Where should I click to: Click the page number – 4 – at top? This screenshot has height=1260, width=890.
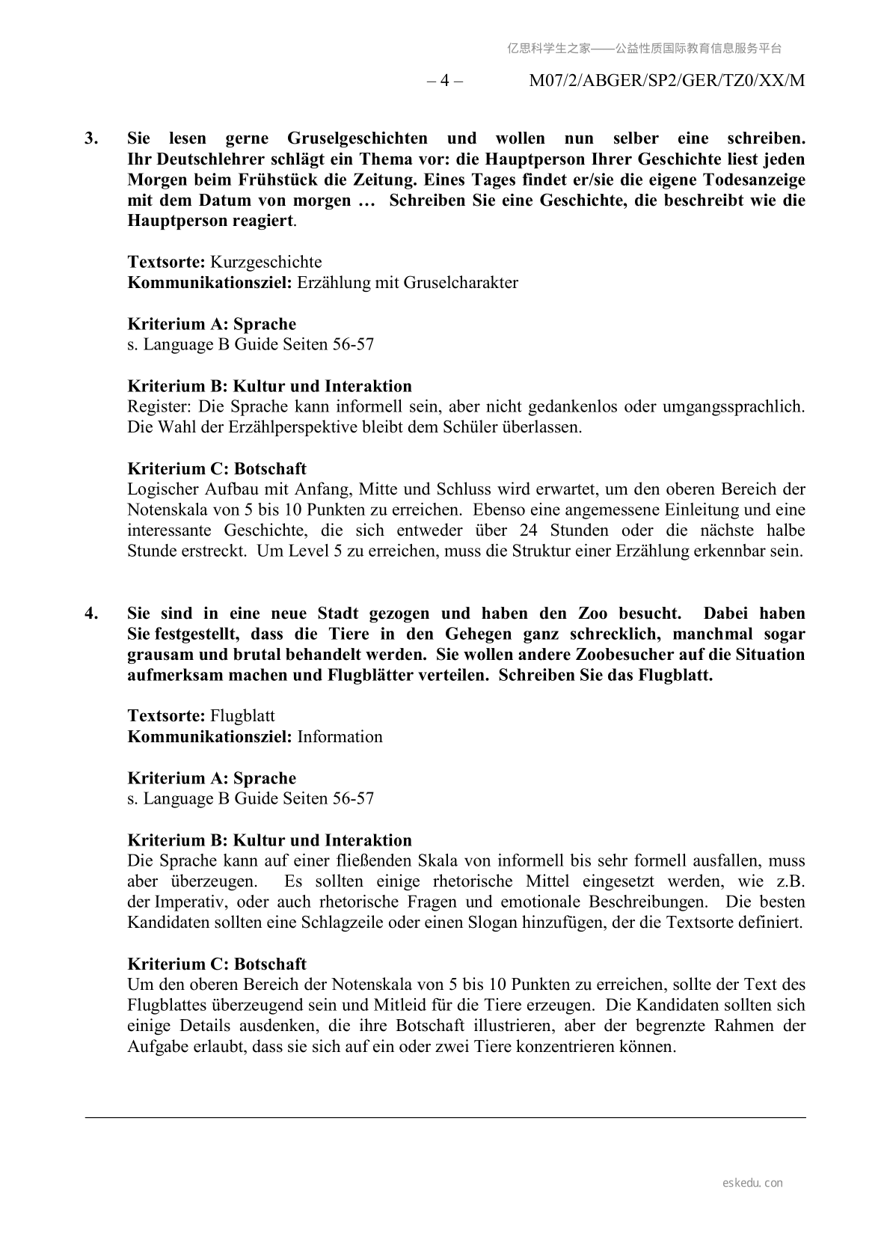444,81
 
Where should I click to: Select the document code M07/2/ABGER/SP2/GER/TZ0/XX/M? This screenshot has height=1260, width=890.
666,81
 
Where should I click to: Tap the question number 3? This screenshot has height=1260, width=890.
91,138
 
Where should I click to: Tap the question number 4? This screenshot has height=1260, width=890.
91,614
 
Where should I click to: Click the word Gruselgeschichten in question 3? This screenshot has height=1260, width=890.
357,138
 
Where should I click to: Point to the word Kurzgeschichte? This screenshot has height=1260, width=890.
266,263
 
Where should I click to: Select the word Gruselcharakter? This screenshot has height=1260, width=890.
461,283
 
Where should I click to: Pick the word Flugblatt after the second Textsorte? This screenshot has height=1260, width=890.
242,716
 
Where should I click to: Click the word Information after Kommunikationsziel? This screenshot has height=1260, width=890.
340,737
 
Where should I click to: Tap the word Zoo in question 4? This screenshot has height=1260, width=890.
593,614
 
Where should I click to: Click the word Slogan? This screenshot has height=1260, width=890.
492,923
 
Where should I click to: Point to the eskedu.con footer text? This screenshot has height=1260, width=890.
753,1183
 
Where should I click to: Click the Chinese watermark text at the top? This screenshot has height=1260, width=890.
644,49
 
